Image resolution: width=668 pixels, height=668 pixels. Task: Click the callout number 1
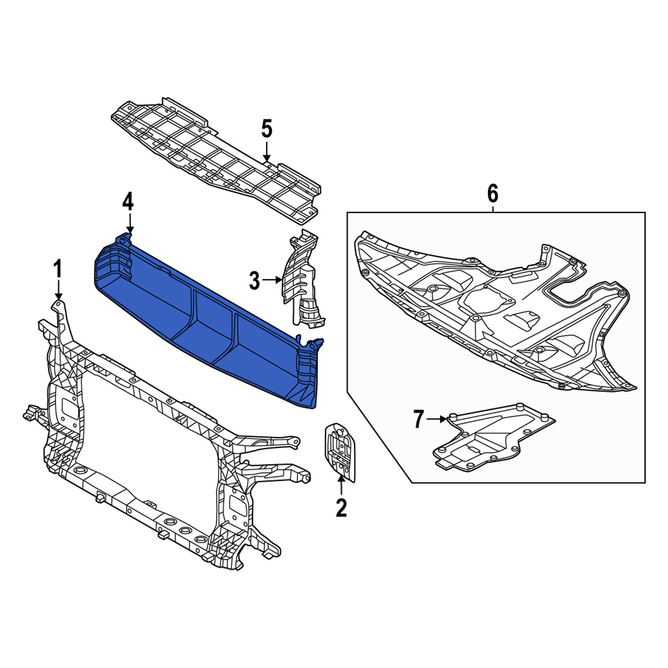(58, 270)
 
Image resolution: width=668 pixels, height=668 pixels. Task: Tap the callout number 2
(341, 508)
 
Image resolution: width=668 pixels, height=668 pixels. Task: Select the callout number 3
(254, 281)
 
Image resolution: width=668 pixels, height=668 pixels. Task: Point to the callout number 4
(128, 202)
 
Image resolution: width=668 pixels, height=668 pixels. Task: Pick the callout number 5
(266, 129)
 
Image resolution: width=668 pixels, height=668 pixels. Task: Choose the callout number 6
(493, 194)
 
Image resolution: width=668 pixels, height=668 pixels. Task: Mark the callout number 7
(418, 419)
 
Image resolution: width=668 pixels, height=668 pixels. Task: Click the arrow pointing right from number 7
(437, 419)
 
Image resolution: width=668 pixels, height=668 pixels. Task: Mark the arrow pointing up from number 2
(341, 485)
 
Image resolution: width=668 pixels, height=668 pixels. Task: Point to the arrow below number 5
(266, 151)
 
